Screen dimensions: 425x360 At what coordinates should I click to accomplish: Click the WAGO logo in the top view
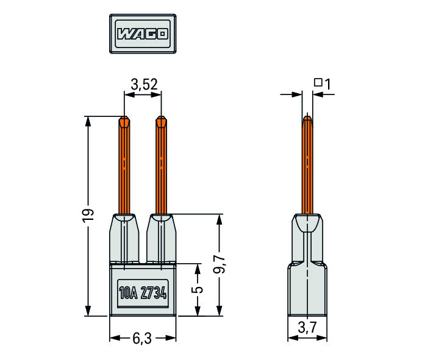point(143,34)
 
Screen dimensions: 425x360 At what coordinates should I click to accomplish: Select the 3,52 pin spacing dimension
point(144,85)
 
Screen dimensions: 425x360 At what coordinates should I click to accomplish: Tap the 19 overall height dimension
point(88,216)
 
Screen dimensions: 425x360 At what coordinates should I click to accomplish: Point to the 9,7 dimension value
point(220,264)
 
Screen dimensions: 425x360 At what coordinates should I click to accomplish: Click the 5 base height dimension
point(198,289)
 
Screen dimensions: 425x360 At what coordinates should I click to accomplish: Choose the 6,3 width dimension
point(142,338)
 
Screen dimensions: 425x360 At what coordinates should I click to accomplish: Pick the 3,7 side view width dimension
point(307,327)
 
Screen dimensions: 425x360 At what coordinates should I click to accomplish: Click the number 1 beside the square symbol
point(327,85)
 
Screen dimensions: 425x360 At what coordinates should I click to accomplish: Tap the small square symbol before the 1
point(318,82)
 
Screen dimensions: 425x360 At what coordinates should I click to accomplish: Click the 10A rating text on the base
point(128,293)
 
